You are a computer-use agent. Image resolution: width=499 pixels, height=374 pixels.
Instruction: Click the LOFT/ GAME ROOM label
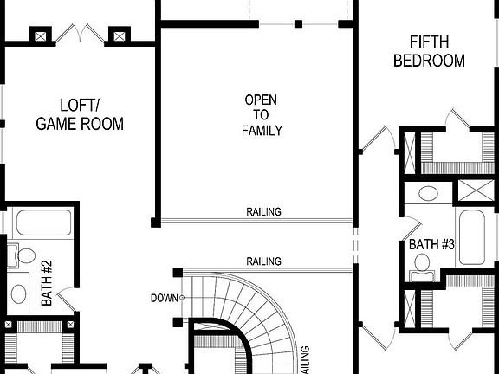coord(79,115)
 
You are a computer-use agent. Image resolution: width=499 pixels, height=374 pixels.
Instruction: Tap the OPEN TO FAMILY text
coord(261,115)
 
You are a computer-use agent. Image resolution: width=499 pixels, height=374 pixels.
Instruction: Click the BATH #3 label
coord(431,245)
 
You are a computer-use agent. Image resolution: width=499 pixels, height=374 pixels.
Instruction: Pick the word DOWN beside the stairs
coord(163,299)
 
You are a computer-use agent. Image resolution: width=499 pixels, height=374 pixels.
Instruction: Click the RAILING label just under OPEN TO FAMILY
coord(262,212)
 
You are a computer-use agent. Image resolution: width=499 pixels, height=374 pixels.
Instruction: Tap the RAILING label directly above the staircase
coord(263,261)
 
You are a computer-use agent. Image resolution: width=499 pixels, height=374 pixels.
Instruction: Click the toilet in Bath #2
coord(25,257)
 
